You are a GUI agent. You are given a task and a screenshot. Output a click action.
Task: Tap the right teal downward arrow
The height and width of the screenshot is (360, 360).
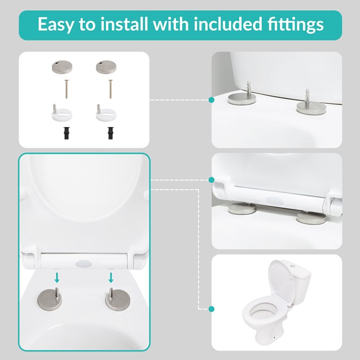point(111,278)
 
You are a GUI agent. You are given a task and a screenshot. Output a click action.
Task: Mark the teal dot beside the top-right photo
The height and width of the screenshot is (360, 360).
point(211,100)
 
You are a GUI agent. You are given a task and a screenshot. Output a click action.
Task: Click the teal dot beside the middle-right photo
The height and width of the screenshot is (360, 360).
point(211,180)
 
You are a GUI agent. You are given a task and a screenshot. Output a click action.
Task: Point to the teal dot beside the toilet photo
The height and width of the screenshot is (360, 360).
point(211,309)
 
